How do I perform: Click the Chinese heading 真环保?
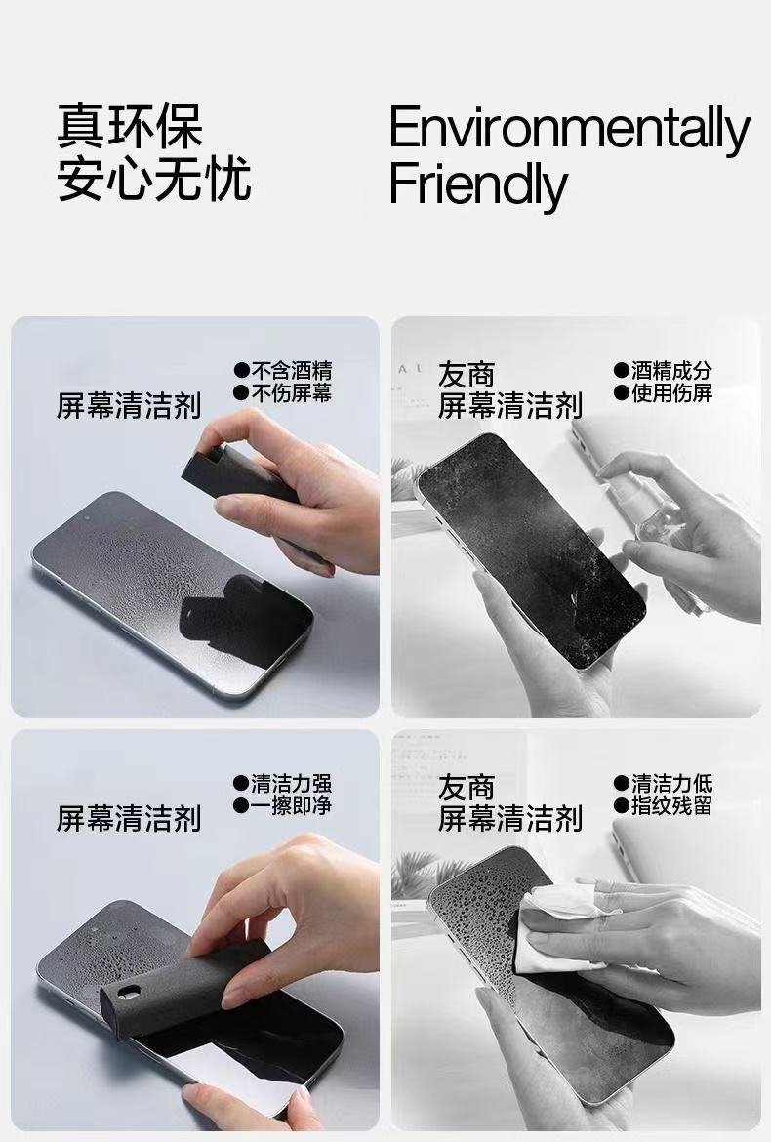click(x=129, y=126)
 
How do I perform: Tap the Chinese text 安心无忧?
click(x=154, y=179)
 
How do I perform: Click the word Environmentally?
click(x=569, y=130)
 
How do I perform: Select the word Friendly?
click(x=477, y=184)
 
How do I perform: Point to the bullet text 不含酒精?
click(x=291, y=371)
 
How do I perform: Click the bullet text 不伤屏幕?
click(x=291, y=393)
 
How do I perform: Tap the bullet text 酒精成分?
click(x=671, y=371)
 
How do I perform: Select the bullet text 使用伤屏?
click(x=671, y=393)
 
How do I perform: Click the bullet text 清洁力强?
click(x=291, y=783)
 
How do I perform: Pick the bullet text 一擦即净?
click(x=291, y=805)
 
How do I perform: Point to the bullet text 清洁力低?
click(x=671, y=783)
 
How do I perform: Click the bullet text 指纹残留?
click(x=671, y=805)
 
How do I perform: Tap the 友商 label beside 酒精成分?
click(x=467, y=374)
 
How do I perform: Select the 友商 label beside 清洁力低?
click(x=467, y=787)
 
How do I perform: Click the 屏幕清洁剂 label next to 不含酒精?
click(x=129, y=405)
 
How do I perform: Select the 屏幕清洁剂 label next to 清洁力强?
click(x=129, y=818)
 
